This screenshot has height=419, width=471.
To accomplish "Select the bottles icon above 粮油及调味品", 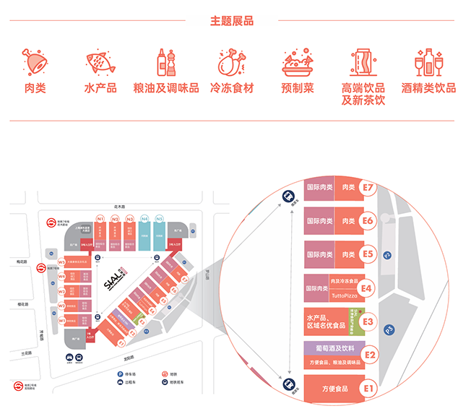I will tap(166, 62).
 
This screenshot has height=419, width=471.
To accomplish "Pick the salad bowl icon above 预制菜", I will tap(298, 62).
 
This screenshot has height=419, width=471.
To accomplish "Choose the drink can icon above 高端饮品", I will tap(363, 62).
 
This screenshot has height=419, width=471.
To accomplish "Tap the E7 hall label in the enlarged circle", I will tap(368, 187).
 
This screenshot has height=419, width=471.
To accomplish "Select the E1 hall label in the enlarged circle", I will tap(369, 389).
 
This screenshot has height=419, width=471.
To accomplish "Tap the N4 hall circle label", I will tap(144, 218).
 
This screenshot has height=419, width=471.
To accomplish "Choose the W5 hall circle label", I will tap(62, 262).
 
